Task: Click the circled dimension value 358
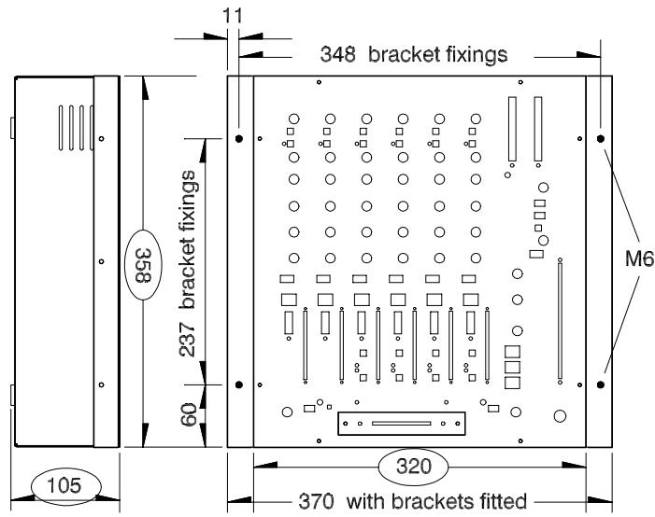(x=141, y=257)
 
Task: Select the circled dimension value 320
(x=413, y=465)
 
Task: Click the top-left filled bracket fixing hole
(x=239, y=138)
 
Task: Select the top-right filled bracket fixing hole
(x=601, y=138)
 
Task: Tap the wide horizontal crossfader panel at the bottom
(x=402, y=424)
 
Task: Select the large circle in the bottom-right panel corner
(x=560, y=416)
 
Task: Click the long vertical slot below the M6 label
(x=560, y=323)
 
